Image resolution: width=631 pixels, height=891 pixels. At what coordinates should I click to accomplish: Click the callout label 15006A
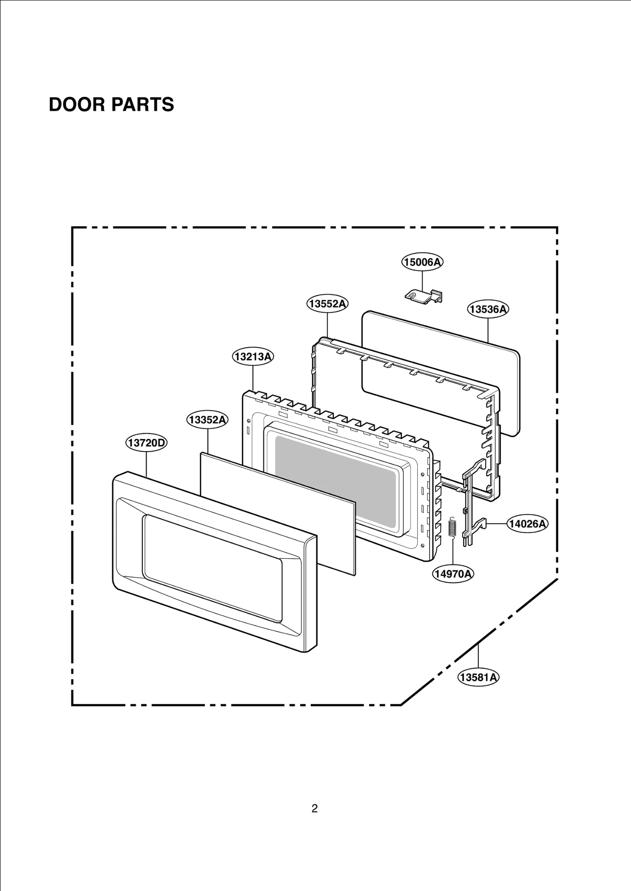click(422, 262)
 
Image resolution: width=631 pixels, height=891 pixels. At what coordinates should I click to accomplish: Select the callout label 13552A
click(327, 304)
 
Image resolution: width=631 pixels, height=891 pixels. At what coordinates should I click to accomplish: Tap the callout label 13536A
click(488, 309)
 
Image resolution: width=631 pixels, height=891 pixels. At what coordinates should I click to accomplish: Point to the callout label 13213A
click(253, 357)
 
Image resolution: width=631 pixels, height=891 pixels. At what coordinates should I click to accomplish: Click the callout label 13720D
click(146, 443)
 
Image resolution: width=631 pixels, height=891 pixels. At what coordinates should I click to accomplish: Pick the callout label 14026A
click(527, 524)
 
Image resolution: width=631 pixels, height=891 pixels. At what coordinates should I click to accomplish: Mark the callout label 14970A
click(453, 574)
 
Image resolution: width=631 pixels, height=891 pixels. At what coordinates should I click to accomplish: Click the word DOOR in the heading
click(77, 105)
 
